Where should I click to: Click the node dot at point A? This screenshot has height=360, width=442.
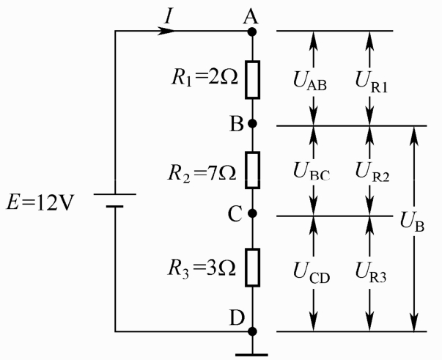(252, 32)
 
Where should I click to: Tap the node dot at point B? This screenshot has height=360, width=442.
(252, 123)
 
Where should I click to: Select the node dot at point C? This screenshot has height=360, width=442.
(252, 213)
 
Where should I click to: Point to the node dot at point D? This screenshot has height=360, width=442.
(252, 331)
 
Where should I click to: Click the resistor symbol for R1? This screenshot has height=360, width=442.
(252, 80)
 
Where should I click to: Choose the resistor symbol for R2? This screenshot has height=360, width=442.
(252, 170)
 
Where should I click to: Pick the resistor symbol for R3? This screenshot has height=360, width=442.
(252, 268)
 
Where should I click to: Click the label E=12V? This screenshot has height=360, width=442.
(40, 202)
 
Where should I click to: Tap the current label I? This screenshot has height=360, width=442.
(169, 16)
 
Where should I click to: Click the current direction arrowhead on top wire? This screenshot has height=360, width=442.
(166, 31)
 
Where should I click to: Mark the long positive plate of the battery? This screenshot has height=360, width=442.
(115, 194)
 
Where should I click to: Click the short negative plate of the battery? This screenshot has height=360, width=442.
(115, 207)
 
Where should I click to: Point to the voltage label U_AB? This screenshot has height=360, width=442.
(310, 81)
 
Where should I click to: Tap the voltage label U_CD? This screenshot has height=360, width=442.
(312, 273)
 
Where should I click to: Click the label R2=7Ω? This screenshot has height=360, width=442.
(202, 173)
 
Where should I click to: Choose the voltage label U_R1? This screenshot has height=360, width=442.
(372, 82)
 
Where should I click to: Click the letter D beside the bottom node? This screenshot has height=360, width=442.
(237, 317)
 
